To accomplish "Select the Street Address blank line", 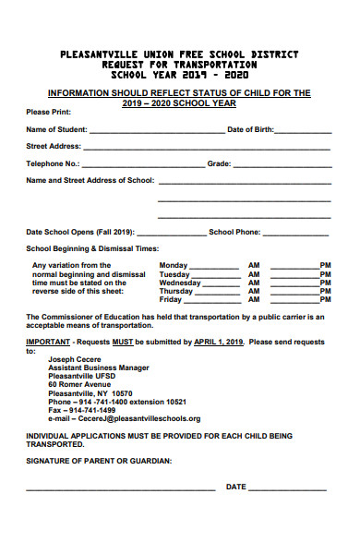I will click(x=207, y=148).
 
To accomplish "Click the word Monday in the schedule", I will click(x=174, y=265).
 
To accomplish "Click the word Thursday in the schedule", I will click(x=177, y=292).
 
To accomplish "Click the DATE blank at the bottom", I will click(x=287, y=488).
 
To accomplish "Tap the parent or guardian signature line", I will click(x=120, y=488).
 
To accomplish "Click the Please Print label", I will click(x=46, y=112).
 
